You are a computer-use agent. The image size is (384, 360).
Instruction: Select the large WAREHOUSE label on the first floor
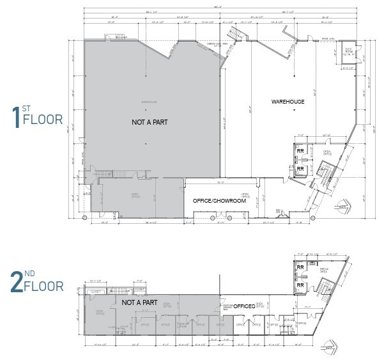288,102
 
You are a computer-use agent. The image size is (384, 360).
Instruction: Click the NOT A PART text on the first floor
150,121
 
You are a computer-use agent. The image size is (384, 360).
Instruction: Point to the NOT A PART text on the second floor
139,302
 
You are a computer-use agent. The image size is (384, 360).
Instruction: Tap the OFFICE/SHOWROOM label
219,201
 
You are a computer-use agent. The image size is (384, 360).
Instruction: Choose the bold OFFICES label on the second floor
243,307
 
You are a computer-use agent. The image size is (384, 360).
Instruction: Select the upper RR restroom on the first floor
300,152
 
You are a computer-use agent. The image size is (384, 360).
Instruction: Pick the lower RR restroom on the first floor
300,169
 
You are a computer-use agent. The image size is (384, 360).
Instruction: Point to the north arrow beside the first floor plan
342,206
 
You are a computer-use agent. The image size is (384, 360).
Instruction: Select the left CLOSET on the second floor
95,289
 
